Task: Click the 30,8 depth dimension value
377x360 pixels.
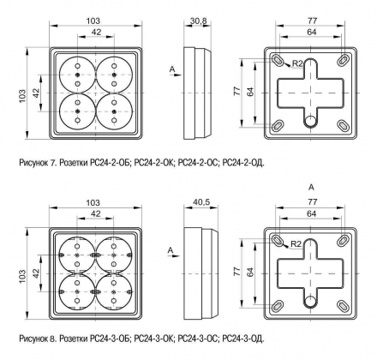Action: tap(199, 21)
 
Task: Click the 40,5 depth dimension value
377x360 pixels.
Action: tap(201, 201)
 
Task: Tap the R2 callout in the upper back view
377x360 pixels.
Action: tap(297, 63)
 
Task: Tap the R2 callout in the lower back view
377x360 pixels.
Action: tap(296, 244)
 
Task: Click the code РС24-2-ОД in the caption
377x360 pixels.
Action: tap(243, 163)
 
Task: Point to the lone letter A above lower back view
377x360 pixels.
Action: tap(312, 188)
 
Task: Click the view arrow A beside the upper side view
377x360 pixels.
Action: tap(175, 72)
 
